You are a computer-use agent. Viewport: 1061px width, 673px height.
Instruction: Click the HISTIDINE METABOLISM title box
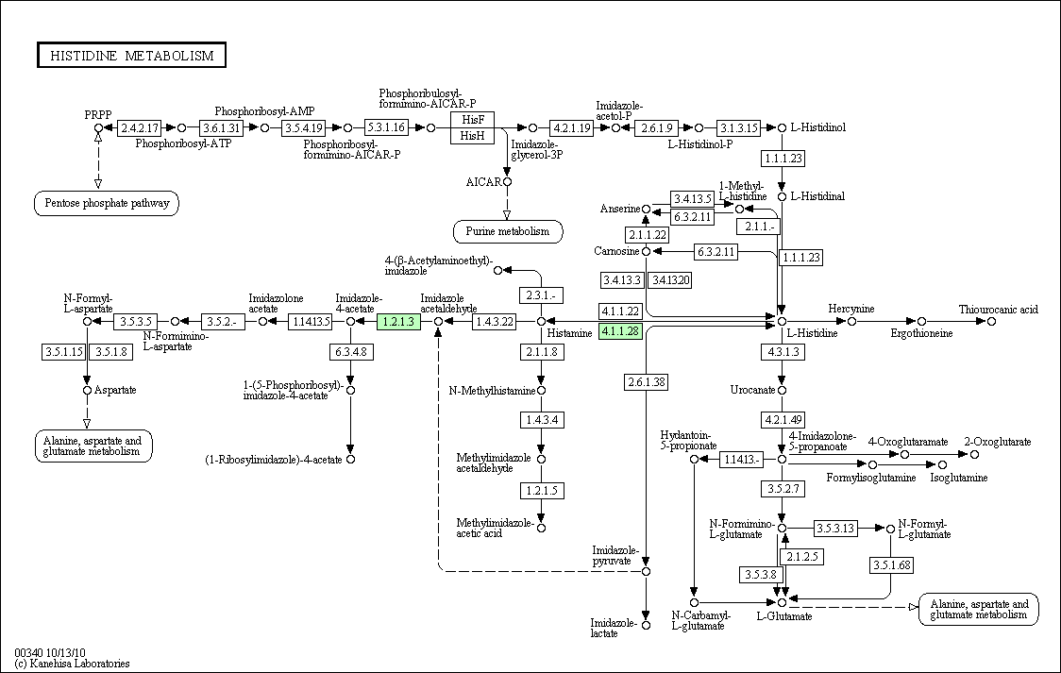[131, 56]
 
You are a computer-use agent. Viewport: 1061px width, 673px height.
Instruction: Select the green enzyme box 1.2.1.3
[398, 321]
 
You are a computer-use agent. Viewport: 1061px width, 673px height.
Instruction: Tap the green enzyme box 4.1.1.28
[620, 330]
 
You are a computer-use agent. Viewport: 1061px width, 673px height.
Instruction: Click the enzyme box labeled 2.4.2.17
[140, 127]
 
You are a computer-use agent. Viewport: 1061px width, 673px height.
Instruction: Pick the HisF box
[472, 120]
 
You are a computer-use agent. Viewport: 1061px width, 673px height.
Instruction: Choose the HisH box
[472, 136]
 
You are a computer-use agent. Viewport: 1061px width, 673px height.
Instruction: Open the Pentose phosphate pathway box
[107, 203]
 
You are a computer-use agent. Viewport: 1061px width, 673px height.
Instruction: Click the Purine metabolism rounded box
[508, 231]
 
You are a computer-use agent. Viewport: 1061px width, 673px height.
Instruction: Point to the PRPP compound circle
[98, 127]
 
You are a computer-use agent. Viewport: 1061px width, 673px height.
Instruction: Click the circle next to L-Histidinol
[782, 127]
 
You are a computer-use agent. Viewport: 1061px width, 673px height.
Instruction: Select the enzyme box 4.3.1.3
[783, 352]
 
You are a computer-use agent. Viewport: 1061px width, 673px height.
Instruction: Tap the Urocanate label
[752, 390]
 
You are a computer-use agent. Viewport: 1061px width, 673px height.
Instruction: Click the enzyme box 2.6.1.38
[647, 382]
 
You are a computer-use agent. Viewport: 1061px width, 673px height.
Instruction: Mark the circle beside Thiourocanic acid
[991, 321]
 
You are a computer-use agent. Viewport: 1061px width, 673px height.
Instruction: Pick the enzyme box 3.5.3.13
[835, 529]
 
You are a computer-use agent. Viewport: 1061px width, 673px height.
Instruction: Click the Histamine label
[570, 333]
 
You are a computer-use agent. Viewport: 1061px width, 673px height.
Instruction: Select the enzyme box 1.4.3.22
[494, 321]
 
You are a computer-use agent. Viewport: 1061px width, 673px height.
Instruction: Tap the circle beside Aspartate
[87, 390]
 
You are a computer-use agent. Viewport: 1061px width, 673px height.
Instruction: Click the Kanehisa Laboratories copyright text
[72, 664]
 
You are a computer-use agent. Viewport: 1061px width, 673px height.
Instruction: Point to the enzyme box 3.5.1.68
[892, 564]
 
